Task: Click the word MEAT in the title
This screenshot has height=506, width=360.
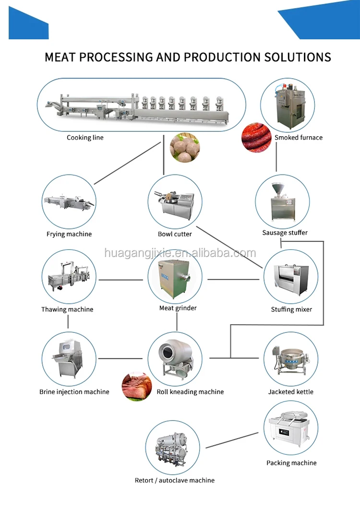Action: tap(60, 57)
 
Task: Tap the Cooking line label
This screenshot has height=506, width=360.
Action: tap(85, 138)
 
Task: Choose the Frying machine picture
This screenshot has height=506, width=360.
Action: tap(68, 202)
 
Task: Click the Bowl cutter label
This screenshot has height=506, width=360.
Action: tap(175, 234)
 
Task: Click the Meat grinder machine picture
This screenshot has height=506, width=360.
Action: tap(175, 277)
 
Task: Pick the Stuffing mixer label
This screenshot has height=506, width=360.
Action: tap(291, 309)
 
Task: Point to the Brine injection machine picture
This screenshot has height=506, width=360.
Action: tap(68, 360)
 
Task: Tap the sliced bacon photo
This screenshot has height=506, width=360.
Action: tap(137, 387)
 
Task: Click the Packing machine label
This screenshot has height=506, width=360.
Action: tap(291, 463)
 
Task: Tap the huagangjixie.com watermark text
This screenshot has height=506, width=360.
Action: tap(180, 253)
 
